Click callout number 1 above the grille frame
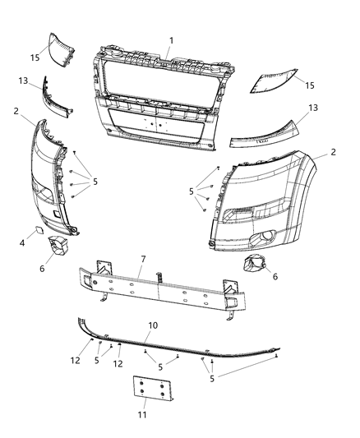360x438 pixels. click(x=171, y=40)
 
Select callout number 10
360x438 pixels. click(x=151, y=326)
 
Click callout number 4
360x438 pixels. click(x=23, y=242)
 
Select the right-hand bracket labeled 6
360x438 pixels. click(x=256, y=269)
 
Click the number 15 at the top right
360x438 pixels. click(x=311, y=85)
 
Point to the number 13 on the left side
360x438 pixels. click(x=23, y=80)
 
